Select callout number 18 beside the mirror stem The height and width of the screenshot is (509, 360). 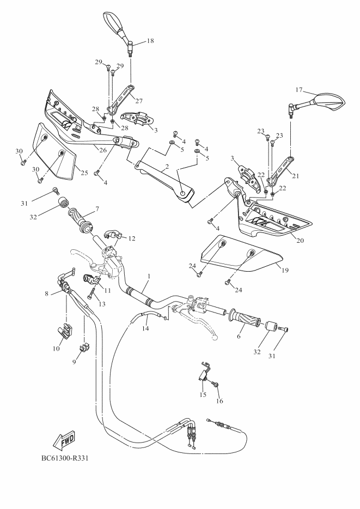click(x=150, y=41)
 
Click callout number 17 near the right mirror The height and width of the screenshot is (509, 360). click(x=299, y=90)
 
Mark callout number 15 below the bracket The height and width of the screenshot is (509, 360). click(x=203, y=394)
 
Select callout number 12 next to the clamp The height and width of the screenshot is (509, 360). click(x=132, y=238)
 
